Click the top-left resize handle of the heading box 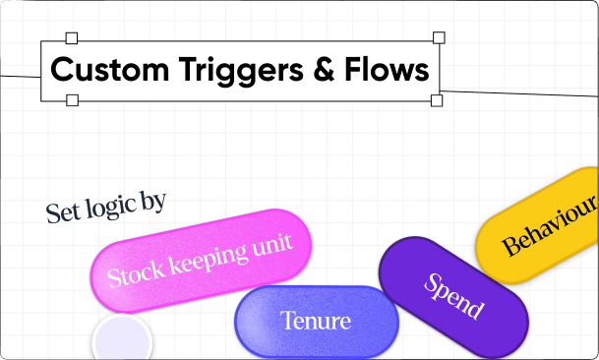click(71, 38)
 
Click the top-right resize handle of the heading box click(439, 38)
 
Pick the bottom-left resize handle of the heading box click(71, 100)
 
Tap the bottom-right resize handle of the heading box click(437, 100)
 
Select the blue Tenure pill click(315, 322)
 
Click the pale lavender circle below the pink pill click(122, 341)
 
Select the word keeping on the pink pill click(203, 258)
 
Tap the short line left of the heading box click(20, 75)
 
